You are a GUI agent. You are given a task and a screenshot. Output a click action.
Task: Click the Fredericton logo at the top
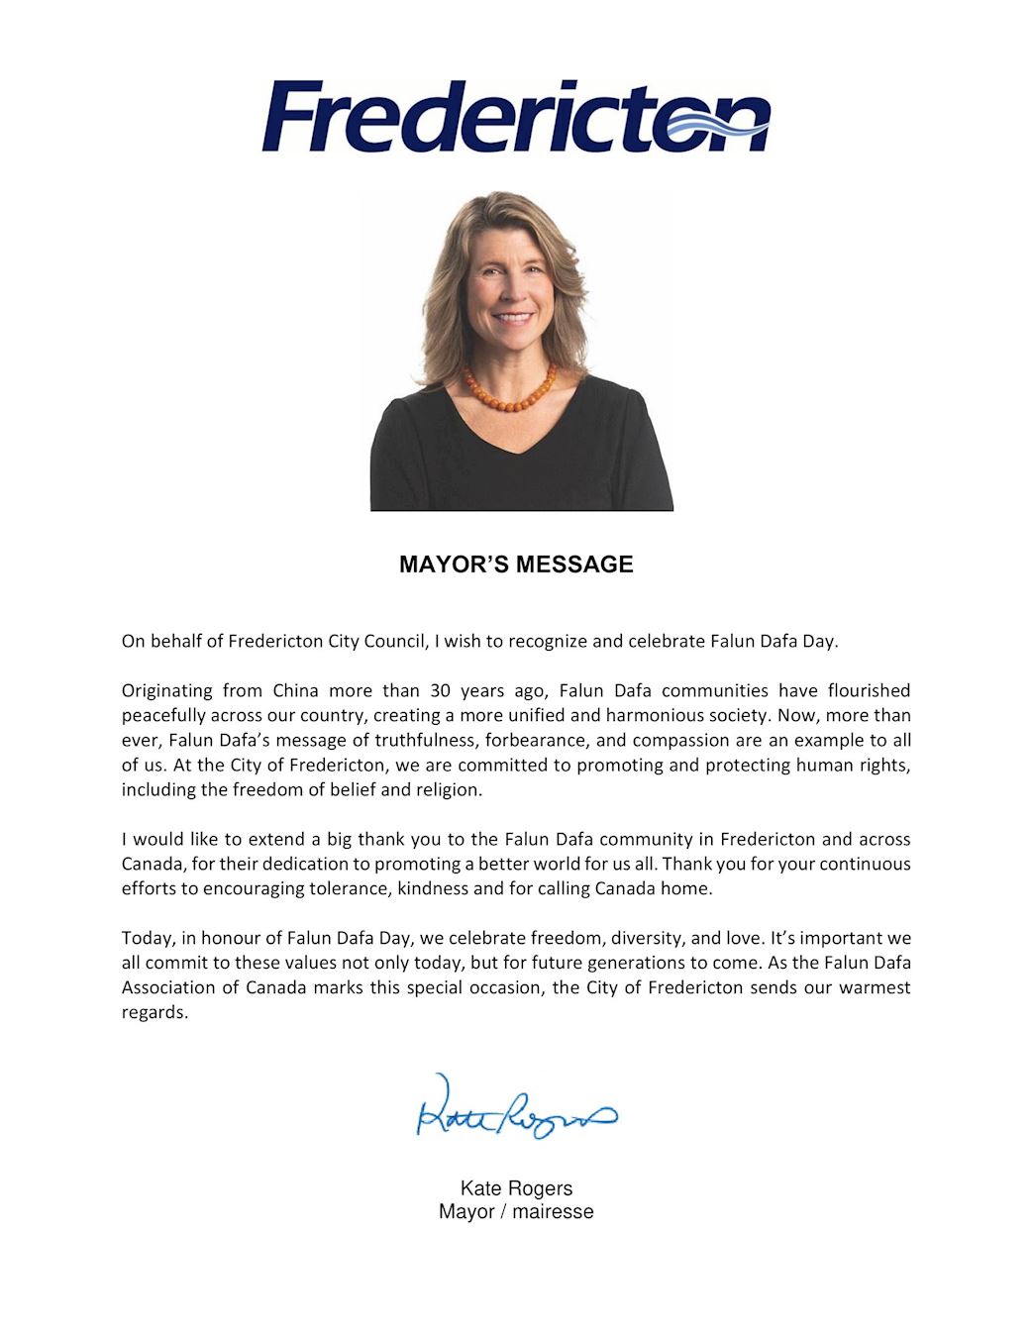point(515,118)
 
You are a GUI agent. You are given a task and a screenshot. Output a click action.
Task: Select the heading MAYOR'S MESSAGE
point(516,565)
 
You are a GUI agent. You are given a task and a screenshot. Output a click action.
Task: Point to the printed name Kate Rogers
point(516,1188)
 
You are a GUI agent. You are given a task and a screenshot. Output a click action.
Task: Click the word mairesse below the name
point(553,1211)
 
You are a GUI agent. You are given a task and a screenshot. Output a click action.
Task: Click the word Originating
point(167,690)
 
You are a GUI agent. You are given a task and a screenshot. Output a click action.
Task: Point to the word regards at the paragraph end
point(154,1012)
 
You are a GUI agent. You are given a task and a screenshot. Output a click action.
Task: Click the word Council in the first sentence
point(395,641)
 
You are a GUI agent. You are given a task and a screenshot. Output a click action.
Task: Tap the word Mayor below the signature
point(466,1211)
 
